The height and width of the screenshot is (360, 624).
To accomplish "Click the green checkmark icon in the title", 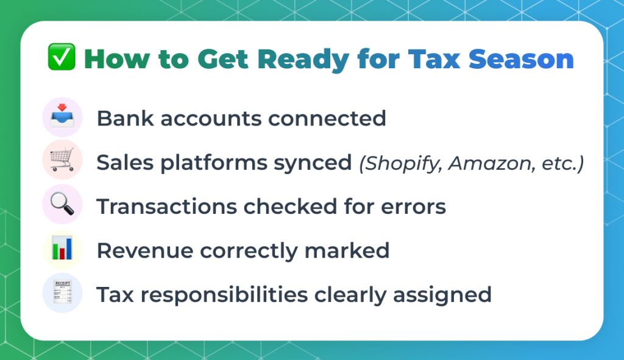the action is point(62,57).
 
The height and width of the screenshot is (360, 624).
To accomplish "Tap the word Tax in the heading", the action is point(434,59).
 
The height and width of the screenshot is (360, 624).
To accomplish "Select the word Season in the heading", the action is point(521,59).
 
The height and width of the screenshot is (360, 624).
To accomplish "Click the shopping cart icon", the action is point(62,159).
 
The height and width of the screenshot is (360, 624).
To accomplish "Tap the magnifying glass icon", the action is point(62,203).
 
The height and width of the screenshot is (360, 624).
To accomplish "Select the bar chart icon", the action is point(62,249).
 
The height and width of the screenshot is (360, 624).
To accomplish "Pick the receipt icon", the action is point(62,292).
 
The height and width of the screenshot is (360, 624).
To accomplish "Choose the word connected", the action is point(327,119).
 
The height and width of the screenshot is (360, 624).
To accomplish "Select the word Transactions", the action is point(167,207).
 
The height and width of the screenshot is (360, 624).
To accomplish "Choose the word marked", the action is point(347,250).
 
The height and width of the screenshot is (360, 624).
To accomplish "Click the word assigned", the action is point(442,295).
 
